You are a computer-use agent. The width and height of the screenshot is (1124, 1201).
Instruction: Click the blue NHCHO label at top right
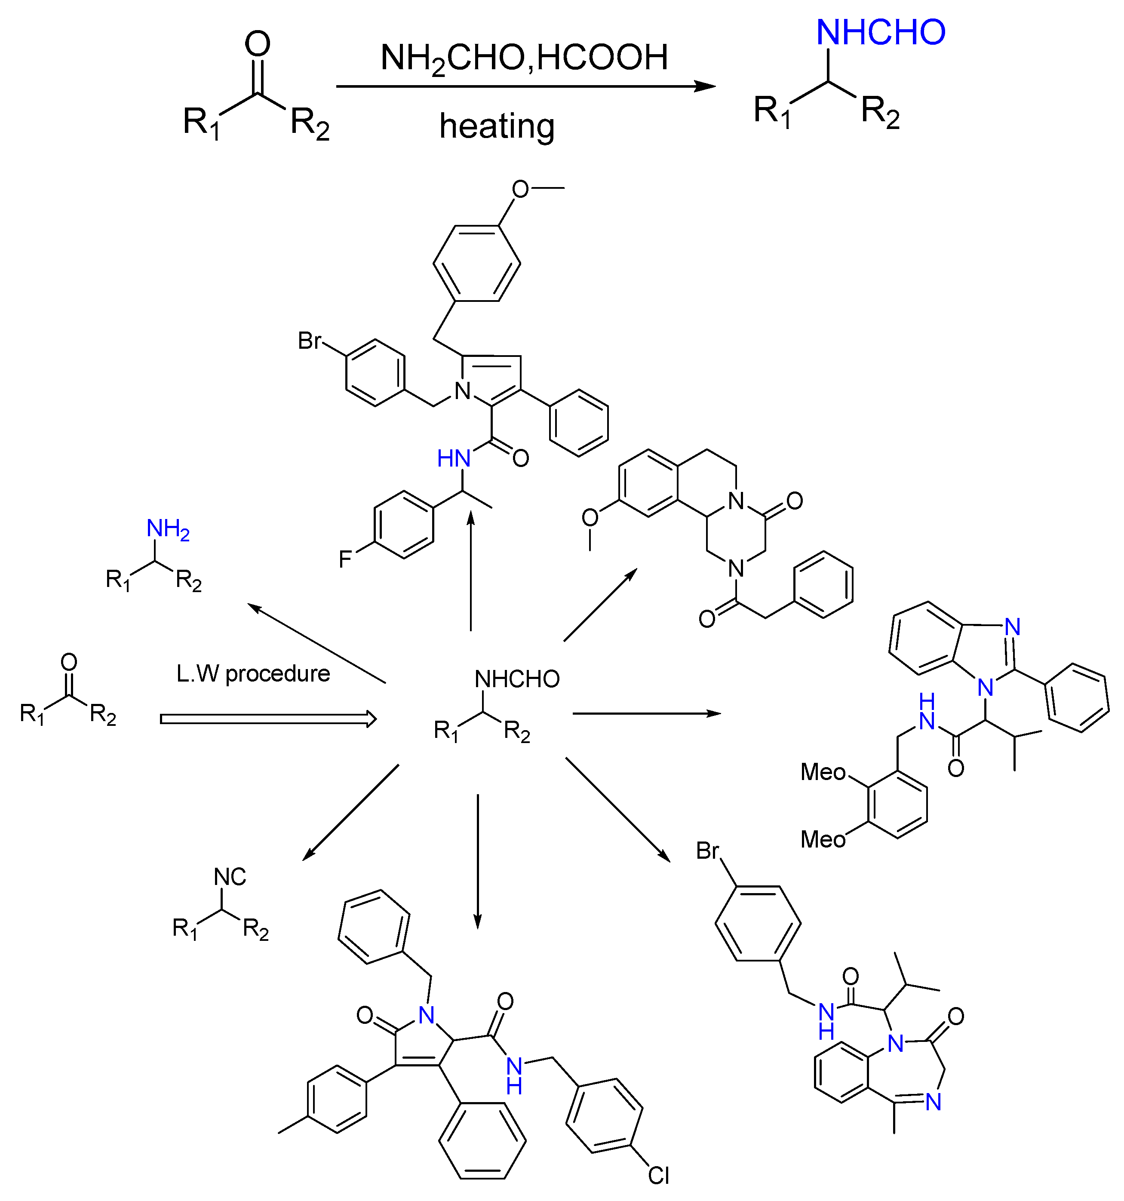coord(880,33)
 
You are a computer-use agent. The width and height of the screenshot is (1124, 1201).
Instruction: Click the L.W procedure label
coord(253,673)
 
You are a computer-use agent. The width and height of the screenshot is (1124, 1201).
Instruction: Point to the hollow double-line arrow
coord(268,719)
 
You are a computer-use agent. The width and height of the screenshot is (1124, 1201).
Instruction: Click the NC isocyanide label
coord(230,877)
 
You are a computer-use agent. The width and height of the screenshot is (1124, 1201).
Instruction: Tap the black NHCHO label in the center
coord(517,679)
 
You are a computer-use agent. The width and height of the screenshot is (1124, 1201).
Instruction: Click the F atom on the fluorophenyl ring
coord(345,559)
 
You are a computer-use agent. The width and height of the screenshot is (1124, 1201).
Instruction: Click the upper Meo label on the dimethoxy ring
coord(823,772)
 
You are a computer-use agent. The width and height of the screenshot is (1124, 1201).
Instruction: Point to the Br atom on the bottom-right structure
coord(707,851)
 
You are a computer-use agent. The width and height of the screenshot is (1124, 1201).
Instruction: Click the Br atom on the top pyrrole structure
coord(310,341)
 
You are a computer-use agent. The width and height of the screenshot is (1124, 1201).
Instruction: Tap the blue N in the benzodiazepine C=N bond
coord(933,1103)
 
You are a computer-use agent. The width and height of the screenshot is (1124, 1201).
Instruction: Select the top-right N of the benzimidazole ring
coord(1013,627)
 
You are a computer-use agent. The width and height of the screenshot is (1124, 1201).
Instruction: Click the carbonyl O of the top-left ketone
coord(257,45)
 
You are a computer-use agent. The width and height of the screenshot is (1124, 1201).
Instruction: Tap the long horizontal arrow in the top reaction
coord(525,86)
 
